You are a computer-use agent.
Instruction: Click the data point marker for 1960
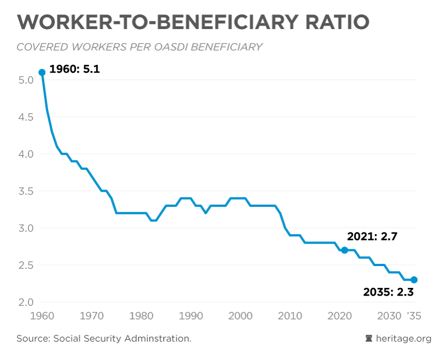(x=42, y=73)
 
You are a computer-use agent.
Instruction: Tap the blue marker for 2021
(x=344, y=250)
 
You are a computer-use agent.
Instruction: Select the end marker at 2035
(x=414, y=280)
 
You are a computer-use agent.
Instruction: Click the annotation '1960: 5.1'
(x=74, y=70)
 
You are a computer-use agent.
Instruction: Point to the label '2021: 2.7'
(x=372, y=236)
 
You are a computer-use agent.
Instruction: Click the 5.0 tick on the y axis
(x=26, y=80)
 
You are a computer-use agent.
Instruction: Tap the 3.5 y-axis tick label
(x=26, y=191)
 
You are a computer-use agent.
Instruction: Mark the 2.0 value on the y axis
(x=26, y=302)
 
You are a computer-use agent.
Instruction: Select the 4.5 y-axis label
(x=26, y=117)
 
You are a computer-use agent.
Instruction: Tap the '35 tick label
(x=413, y=316)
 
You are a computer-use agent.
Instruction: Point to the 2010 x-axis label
(x=288, y=316)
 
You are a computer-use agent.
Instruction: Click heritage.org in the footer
(x=405, y=338)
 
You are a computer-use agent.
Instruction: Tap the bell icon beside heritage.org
(x=369, y=338)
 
